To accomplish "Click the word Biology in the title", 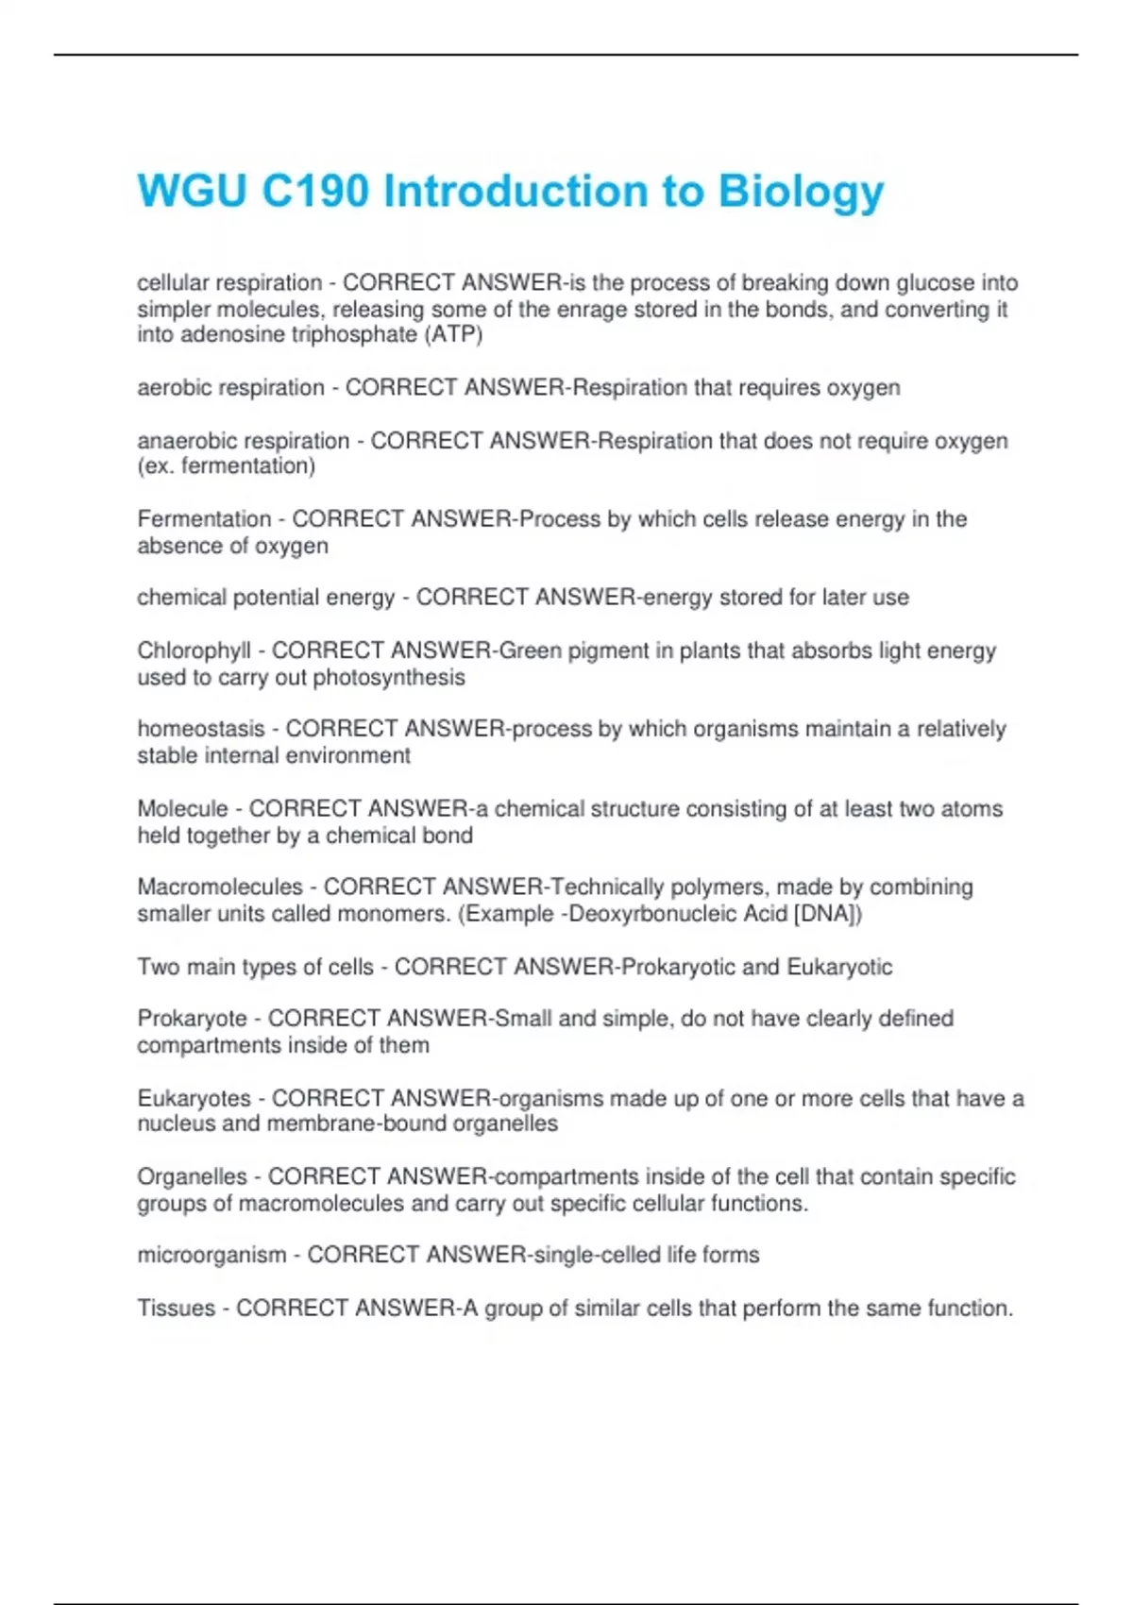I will pos(801,192).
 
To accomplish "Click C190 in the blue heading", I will pos(315,192).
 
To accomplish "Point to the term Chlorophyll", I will pos(194,651).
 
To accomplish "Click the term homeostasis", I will pos(201,729).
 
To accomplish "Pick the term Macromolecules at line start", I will pos(220,887).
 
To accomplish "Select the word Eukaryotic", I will pos(839,967).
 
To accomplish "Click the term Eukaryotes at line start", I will pos(194,1099).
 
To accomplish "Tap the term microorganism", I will pos(211,1256).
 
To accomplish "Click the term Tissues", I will pos(176,1309).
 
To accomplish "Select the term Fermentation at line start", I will pos(204,519).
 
